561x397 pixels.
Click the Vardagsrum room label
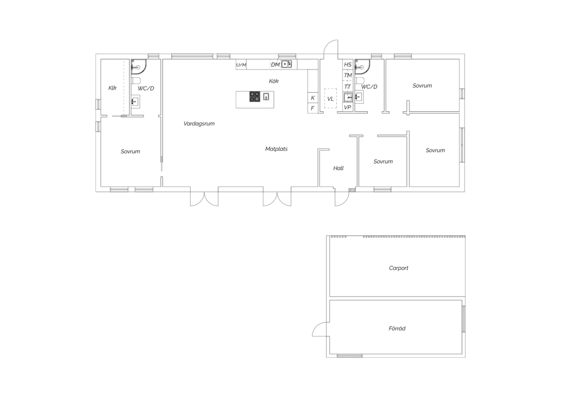(199, 124)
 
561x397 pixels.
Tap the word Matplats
(276, 149)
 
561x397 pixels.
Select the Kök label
(273, 81)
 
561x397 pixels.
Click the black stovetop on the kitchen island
(255, 97)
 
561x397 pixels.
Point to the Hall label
(338, 168)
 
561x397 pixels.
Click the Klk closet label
(112, 88)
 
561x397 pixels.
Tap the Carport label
(398, 268)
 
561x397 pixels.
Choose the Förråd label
(397, 328)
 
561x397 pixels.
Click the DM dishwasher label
(275, 64)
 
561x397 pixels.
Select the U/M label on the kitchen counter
(241, 65)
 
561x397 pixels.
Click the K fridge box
(313, 97)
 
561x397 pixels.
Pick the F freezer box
(313, 108)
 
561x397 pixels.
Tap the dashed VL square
(330, 98)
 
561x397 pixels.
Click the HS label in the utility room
(347, 64)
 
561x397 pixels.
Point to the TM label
(348, 75)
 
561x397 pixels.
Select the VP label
(347, 107)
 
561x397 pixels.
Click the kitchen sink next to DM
(286, 64)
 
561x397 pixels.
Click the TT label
(347, 87)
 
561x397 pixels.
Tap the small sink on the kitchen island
(266, 97)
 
